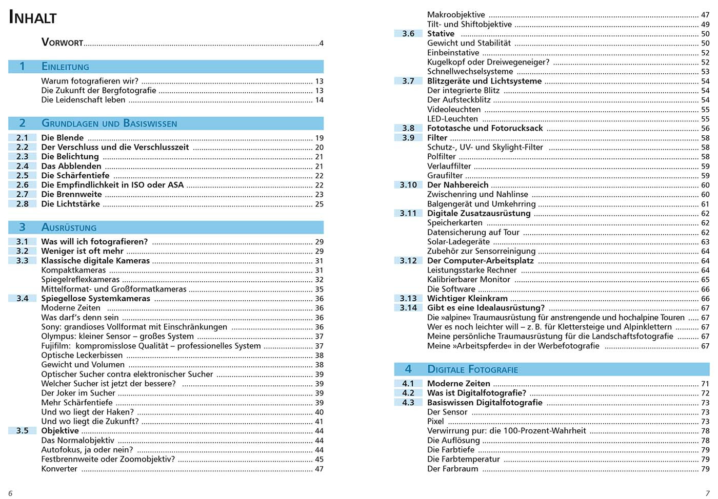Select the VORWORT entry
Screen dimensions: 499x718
coord(62,43)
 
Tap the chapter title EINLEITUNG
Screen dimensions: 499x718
coord(65,67)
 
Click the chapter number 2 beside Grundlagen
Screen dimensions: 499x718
coord(22,123)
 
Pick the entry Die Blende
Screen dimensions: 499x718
coord(62,137)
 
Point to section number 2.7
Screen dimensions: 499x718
coord(22,194)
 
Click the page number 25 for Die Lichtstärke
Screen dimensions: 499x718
coord(319,204)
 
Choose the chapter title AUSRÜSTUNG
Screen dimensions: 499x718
coord(69,227)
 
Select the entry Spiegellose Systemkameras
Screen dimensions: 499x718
coord(95,298)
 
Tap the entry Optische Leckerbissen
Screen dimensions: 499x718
coord(82,355)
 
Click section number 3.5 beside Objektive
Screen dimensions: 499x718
coord(22,431)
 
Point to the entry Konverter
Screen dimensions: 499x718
coord(59,469)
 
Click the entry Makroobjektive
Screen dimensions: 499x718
coord(456,15)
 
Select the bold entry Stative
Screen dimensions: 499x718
coord(441,34)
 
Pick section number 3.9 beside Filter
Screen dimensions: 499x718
coord(408,138)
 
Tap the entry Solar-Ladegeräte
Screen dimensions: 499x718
coord(458,242)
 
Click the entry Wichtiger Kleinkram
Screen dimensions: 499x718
coord(467,298)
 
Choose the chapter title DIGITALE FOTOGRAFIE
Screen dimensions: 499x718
coord(472,369)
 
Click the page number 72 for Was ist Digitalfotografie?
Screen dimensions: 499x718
coord(705,393)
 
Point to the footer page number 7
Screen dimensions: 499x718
coord(708,493)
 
